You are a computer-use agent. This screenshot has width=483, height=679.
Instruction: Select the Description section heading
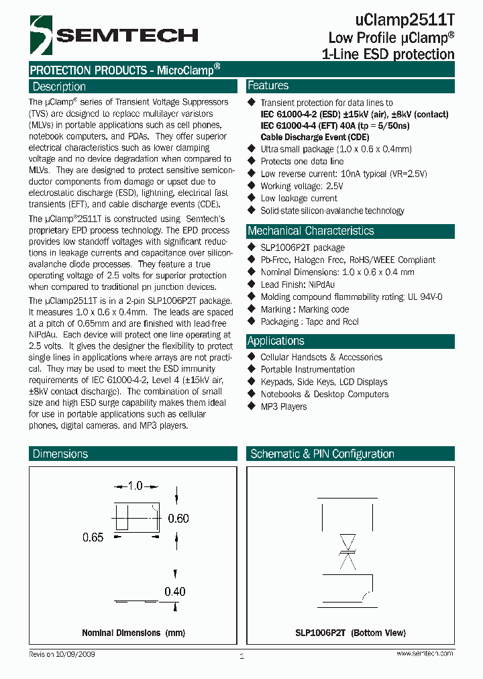[59, 87]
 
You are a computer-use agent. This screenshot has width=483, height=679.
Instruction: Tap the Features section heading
[268, 86]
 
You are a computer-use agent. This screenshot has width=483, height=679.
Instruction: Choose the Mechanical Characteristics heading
[311, 231]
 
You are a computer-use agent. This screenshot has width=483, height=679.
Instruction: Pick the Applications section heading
[276, 341]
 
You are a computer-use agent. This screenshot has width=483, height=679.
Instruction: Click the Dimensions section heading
[60, 454]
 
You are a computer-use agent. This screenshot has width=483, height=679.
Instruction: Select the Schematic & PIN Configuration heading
[322, 454]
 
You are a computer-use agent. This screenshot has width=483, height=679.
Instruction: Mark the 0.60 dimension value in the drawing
[178, 518]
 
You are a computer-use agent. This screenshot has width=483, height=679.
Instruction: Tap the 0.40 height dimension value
[175, 591]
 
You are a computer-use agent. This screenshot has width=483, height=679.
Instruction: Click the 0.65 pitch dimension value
[93, 537]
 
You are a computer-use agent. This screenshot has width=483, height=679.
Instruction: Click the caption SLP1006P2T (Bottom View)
[350, 633]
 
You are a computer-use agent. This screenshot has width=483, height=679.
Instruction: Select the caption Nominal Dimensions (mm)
[133, 633]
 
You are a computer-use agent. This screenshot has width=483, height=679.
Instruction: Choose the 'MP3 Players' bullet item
[284, 407]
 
